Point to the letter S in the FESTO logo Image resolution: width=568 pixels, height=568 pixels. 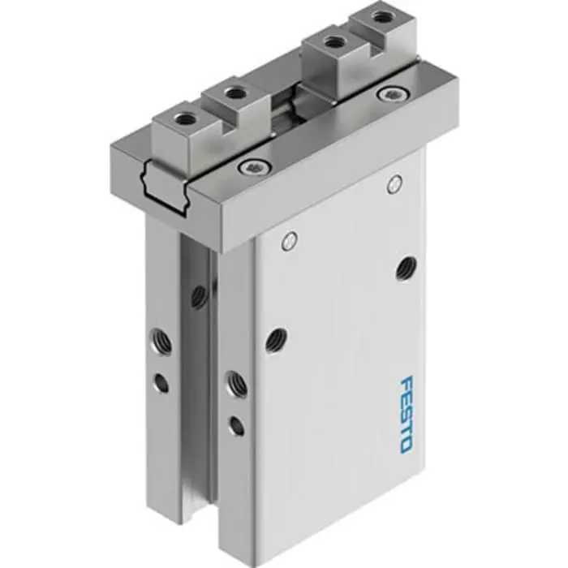407,414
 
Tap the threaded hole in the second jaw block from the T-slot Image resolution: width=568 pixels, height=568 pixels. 235,94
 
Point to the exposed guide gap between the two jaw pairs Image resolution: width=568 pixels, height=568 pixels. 284,114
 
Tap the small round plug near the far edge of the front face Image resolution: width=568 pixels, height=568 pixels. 394,183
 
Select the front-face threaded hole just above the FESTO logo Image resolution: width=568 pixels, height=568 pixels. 405,268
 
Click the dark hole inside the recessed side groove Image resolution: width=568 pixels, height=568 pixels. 199,296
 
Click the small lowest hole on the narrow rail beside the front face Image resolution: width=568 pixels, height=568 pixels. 235,424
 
